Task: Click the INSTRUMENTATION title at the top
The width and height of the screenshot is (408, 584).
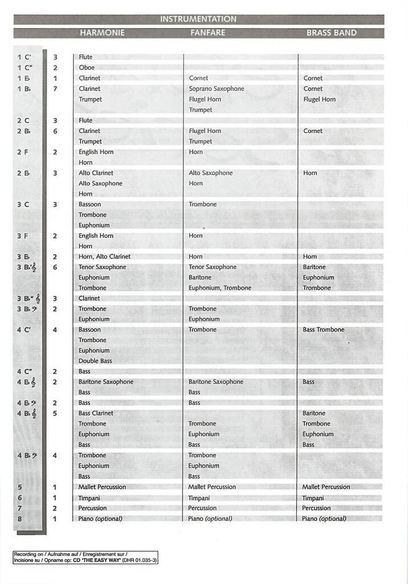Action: click(x=198, y=19)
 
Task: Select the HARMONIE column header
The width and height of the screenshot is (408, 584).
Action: click(x=102, y=33)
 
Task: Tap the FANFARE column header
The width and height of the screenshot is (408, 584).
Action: click(x=207, y=33)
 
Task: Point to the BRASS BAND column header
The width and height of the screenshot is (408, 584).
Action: click(x=331, y=33)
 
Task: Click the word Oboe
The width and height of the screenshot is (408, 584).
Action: click(x=87, y=67)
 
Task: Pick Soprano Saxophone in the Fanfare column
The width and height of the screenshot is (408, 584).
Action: click(x=216, y=88)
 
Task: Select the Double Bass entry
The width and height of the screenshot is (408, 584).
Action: click(x=95, y=360)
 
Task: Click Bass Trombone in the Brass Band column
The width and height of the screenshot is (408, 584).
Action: click(x=323, y=330)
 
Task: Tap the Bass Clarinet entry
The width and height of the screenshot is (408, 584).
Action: click(x=96, y=413)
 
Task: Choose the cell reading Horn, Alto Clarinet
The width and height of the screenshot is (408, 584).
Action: click(x=104, y=257)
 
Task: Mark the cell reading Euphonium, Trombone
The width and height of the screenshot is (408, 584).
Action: click(x=219, y=288)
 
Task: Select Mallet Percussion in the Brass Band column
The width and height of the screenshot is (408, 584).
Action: click(x=326, y=487)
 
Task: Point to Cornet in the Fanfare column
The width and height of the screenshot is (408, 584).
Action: click(x=198, y=78)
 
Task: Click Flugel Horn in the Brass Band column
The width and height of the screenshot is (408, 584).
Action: click(x=319, y=99)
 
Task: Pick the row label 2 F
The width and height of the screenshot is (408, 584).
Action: click(x=23, y=152)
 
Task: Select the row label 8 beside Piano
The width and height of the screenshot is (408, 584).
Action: click(x=20, y=518)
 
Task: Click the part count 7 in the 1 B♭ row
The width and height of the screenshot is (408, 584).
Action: click(x=55, y=88)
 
